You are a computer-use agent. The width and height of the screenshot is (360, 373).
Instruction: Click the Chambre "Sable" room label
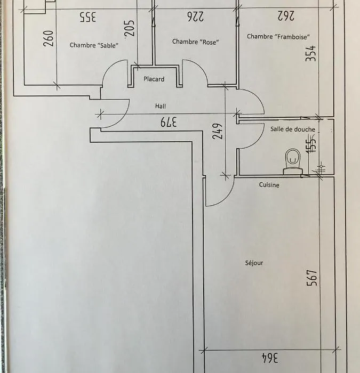click(x=94, y=45)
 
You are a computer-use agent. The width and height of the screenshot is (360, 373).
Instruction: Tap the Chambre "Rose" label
click(x=196, y=42)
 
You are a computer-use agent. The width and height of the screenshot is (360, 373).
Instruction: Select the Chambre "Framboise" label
click(x=278, y=36)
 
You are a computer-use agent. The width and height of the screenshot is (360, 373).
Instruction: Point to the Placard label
click(x=154, y=79)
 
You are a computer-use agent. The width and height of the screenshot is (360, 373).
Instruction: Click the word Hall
click(x=161, y=106)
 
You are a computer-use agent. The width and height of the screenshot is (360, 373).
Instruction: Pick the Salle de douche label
click(x=293, y=129)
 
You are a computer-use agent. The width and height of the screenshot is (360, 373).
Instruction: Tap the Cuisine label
click(x=269, y=184)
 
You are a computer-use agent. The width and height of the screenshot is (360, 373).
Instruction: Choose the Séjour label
click(x=254, y=263)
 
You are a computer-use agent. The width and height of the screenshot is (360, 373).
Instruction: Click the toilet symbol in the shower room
click(x=293, y=162)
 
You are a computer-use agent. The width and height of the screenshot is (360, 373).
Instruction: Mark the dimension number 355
click(x=88, y=17)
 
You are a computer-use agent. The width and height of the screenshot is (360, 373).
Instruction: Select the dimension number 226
click(x=196, y=17)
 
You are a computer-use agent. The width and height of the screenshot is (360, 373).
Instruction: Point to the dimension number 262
click(x=286, y=15)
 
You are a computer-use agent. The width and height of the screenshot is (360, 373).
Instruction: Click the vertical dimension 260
click(x=49, y=38)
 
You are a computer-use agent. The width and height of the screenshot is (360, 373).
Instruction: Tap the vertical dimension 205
click(x=130, y=28)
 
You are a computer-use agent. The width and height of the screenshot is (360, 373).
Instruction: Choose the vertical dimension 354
click(x=311, y=53)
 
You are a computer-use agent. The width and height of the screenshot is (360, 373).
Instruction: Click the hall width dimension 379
click(x=169, y=122)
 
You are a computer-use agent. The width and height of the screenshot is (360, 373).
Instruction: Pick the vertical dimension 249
click(x=218, y=131)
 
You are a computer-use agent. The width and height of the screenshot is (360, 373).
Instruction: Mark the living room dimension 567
click(x=312, y=278)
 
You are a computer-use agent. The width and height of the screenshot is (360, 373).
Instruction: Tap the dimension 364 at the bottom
click(x=270, y=358)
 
